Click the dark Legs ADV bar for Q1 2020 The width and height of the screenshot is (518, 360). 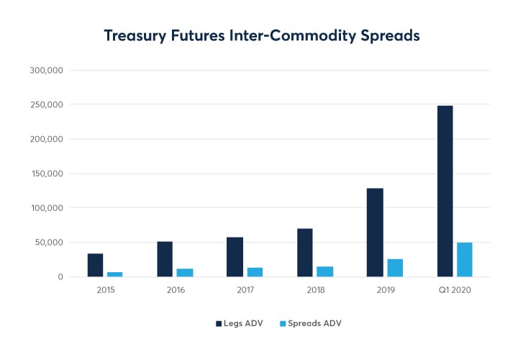pos(445,192)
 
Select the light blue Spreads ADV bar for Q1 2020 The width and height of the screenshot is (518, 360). pos(464,260)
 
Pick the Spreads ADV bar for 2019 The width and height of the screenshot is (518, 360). pos(395,268)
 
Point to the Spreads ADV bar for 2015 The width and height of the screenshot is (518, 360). pos(115,274)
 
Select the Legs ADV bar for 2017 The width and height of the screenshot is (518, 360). pos(235,257)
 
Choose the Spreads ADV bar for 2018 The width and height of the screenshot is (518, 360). pos(325,271)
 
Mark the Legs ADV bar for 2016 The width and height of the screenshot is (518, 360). pos(165,259)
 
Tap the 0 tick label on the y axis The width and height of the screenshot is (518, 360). pos(61,277)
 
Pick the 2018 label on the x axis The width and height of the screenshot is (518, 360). pos(315,290)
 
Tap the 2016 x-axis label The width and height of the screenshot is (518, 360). pos(176,290)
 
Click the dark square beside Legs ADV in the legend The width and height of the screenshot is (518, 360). pos(219,324)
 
